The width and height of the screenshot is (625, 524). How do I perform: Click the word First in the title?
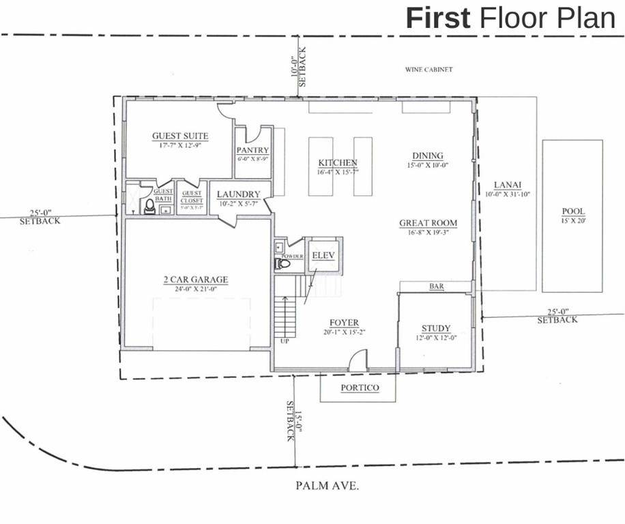(437, 17)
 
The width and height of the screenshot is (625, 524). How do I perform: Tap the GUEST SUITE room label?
(180, 136)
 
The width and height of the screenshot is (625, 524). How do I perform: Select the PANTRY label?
(252, 150)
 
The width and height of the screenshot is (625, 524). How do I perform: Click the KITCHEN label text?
(338, 163)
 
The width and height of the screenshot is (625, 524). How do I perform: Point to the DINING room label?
(428, 156)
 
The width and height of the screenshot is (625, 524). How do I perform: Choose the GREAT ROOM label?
(428, 223)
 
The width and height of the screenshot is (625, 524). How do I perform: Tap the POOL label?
(573, 212)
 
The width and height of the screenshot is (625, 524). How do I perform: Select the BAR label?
(437, 287)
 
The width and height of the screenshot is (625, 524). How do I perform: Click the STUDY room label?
(436, 328)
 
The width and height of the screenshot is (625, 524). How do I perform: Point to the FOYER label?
(344, 323)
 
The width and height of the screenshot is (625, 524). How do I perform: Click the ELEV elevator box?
(321, 256)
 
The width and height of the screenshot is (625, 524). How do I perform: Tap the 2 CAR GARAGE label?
(195, 280)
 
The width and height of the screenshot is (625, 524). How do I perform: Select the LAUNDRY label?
(239, 194)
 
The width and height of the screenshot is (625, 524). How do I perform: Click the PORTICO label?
(359, 388)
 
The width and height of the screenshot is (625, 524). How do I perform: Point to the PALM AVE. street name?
(328, 486)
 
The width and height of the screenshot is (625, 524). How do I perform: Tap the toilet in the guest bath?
(148, 206)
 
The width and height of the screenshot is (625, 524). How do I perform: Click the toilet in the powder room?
(283, 263)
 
